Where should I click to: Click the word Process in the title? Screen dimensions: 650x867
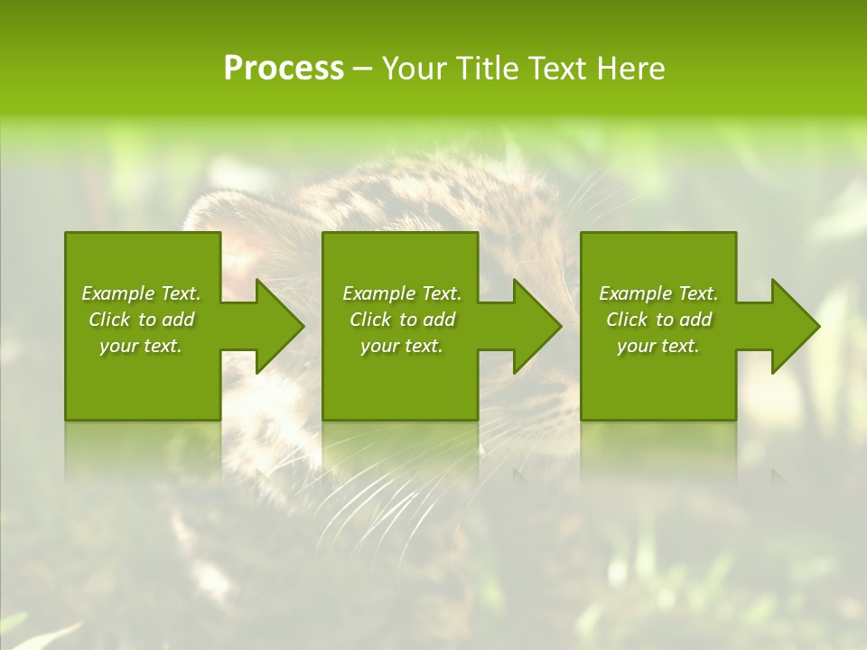click(x=284, y=69)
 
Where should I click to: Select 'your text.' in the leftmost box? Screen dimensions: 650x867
click(x=141, y=346)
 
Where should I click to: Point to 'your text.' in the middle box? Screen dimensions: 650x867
click(x=402, y=346)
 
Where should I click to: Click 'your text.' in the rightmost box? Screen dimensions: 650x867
click(x=658, y=346)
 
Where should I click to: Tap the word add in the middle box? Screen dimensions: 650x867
click(x=439, y=320)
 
